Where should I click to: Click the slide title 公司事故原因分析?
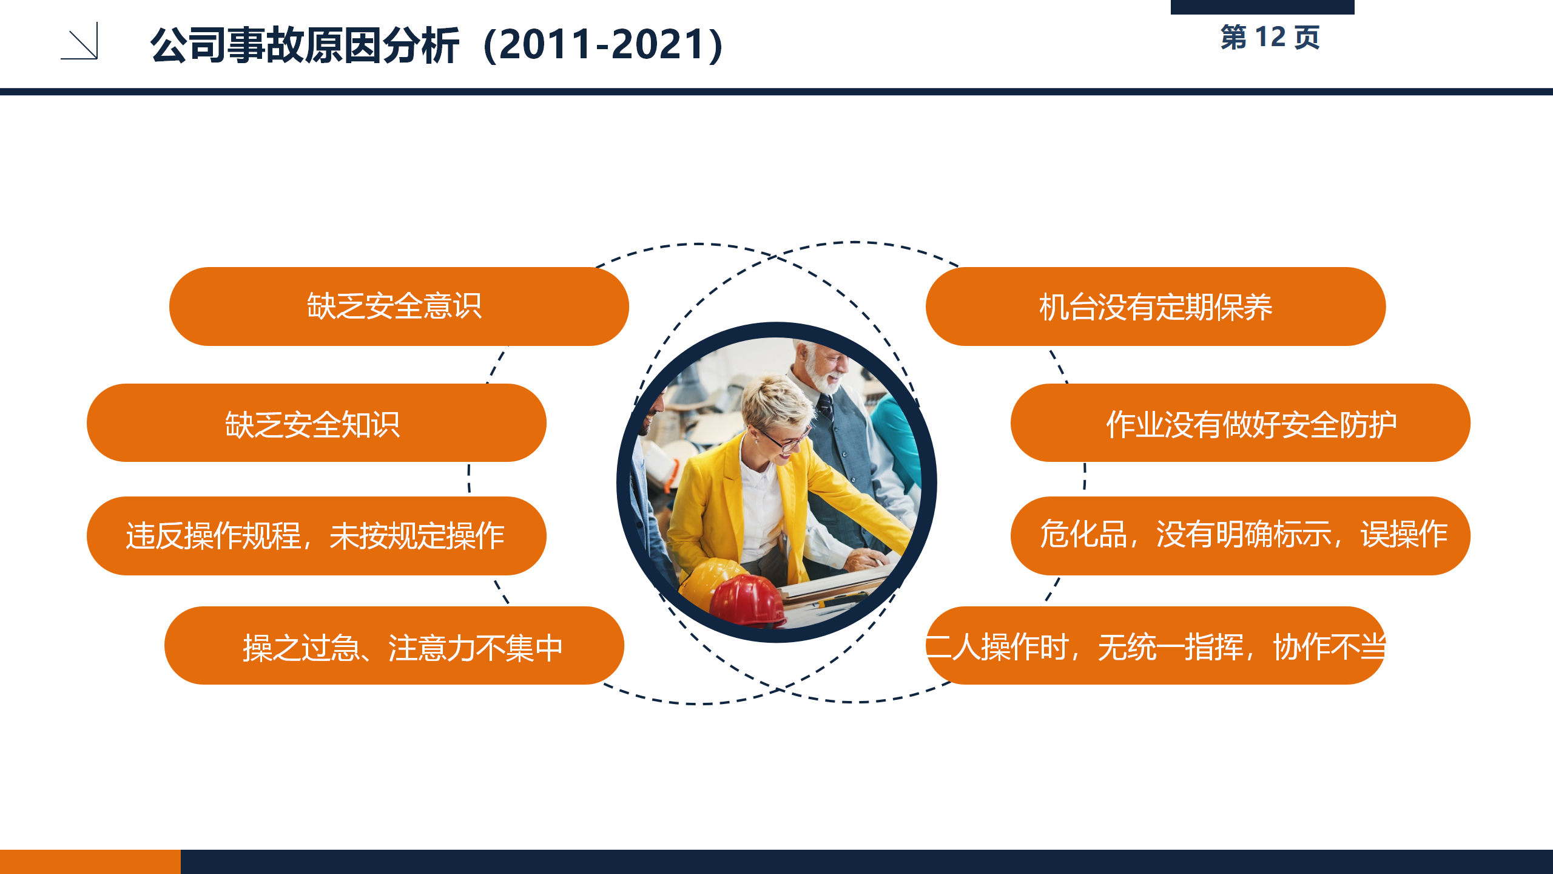click(305, 46)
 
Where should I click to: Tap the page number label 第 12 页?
click(1270, 38)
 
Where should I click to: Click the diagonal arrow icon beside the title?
click(79, 41)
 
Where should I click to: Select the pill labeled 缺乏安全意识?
click(399, 307)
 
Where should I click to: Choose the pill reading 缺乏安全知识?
click(316, 423)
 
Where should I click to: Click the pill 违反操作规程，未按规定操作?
click(316, 536)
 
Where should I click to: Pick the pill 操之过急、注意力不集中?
click(394, 646)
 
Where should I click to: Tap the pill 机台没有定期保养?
click(1156, 307)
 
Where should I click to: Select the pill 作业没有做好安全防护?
click(1241, 423)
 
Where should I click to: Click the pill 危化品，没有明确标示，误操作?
click(1241, 536)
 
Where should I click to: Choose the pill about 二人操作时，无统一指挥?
click(1156, 646)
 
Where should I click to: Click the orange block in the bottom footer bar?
click(90, 862)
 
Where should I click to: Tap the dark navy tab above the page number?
click(1262, 7)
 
